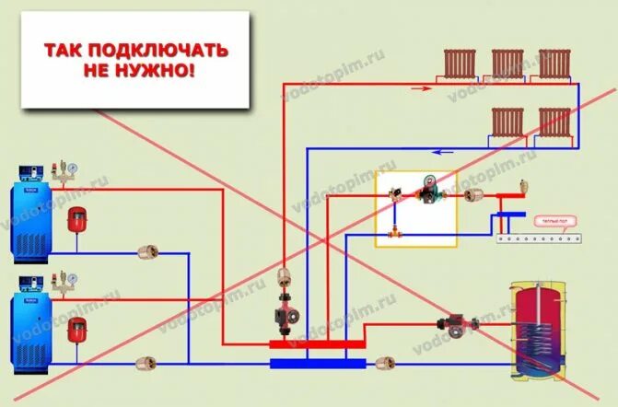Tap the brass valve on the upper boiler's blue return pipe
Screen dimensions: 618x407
click(146, 250)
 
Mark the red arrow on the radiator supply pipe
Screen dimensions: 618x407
click(420, 88)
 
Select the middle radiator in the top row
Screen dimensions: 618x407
click(507, 64)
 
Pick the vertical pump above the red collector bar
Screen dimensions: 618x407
click(283, 314)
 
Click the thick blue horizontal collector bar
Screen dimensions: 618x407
click(318, 363)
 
